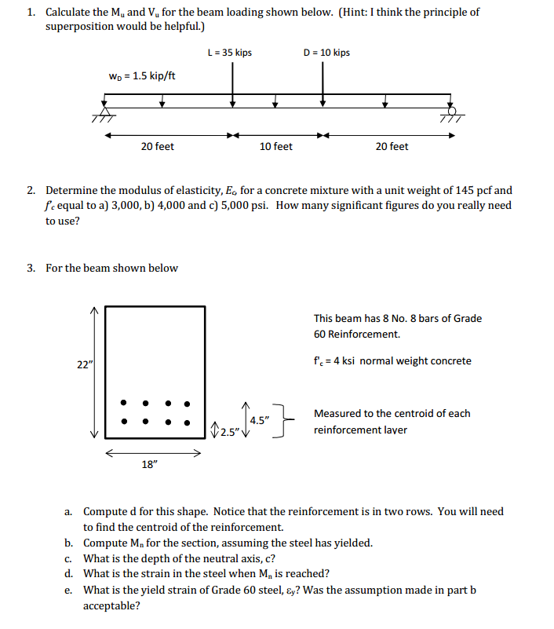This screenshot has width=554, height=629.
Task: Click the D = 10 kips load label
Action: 326,53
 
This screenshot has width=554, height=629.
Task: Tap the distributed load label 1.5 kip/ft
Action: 142,76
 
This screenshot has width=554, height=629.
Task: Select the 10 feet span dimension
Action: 275,147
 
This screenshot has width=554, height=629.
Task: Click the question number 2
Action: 30,190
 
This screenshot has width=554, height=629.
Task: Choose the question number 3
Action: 30,268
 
